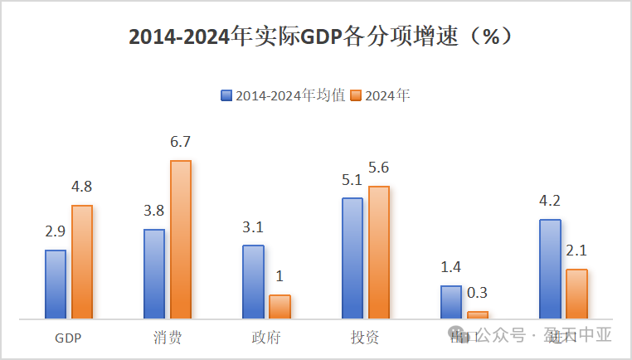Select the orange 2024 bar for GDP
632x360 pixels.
pos(82,261)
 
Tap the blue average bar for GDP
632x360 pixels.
pos(56,284)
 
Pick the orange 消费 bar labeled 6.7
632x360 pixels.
pos(181,239)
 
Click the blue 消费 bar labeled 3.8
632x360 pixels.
pos(154,274)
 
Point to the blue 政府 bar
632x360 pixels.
pos(253,281)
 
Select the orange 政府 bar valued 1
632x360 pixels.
pos(280,306)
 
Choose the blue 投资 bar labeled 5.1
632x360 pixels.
pos(352,258)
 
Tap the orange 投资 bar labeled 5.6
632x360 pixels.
pos(378,252)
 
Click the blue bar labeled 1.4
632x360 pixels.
pos(450,302)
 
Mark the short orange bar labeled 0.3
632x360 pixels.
pos(478,314)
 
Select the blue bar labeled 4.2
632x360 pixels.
pos(550,269)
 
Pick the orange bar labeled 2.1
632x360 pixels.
pos(576,294)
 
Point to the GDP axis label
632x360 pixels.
pos(68,338)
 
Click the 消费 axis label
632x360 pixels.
pos(168,338)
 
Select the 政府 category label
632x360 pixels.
pos(266,338)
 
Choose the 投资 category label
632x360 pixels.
pos(365,338)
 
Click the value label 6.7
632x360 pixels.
pos(181,142)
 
